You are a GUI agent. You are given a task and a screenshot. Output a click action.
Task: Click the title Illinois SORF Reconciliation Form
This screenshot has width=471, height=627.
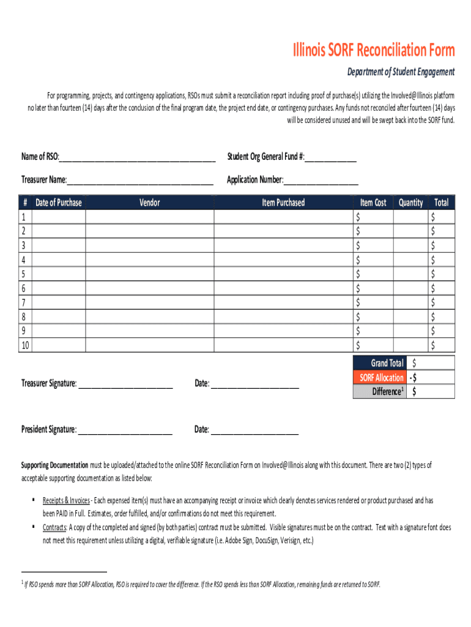click(x=373, y=50)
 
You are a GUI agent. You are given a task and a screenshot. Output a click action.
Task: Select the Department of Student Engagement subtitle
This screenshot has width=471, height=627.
click(x=401, y=72)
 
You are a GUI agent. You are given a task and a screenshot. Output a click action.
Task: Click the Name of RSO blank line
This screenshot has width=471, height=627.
click(x=137, y=157)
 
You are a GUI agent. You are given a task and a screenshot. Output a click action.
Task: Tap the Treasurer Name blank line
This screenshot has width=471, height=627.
click(x=140, y=181)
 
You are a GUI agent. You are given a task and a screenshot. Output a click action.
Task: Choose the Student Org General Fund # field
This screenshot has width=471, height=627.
click(x=330, y=157)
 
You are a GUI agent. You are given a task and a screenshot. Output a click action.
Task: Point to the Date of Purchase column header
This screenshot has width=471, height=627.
click(x=58, y=203)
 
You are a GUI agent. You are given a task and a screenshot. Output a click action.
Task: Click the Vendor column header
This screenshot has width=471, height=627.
click(x=149, y=203)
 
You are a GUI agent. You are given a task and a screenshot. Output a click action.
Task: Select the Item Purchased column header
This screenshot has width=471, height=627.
click(x=283, y=203)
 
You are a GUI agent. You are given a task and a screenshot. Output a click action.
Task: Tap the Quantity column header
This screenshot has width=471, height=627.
click(x=410, y=203)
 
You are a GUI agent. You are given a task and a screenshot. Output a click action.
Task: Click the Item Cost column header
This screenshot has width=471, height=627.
click(x=373, y=203)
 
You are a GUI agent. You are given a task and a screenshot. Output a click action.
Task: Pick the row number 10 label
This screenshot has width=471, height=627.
click(x=25, y=345)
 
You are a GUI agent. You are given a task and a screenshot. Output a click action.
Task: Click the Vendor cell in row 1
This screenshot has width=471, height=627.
click(x=149, y=217)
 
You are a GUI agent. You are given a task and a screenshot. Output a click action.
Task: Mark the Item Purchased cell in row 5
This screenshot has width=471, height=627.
click(x=283, y=274)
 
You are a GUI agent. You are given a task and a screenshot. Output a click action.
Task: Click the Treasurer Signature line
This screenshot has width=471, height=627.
click(x=125, y=385)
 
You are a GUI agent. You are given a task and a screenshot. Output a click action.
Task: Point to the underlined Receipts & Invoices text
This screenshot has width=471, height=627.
click(x=66, y=501)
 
